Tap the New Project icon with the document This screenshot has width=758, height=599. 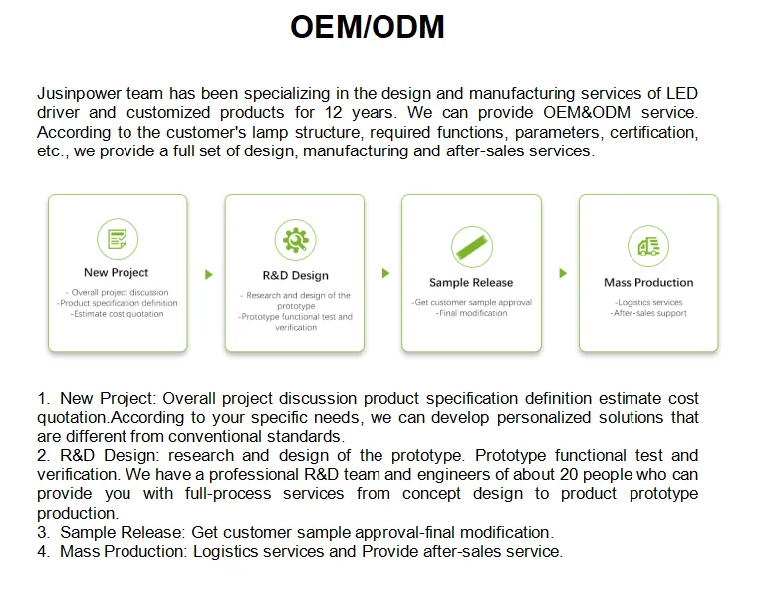(x=117, y=239)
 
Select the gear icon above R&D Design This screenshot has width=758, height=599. (x=294, y=241)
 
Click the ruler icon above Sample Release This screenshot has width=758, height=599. (x=471, y=245)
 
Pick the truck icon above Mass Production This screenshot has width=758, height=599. (x=647, y=245)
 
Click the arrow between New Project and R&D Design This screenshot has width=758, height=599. (x=208, y=272)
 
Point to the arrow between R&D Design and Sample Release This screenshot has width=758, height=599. (x=385, y=272)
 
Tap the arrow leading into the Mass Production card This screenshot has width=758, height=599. (x=563, y=272)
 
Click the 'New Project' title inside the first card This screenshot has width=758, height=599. (x=117, y=272)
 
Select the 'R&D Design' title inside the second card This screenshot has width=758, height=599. (x=294, y=275)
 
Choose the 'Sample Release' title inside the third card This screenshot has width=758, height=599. (x=471, y=282)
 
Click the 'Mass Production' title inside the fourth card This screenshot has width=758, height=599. (x=648, y=282)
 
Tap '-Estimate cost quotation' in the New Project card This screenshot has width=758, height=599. (x=117, y=314)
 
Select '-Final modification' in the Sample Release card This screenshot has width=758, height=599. (x=471, y=313)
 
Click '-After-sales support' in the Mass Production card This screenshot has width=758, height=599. (x=648, y=313)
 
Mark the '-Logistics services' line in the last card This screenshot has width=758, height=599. (x=648, y=302)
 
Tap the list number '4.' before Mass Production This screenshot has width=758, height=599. (x=44, y=551)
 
